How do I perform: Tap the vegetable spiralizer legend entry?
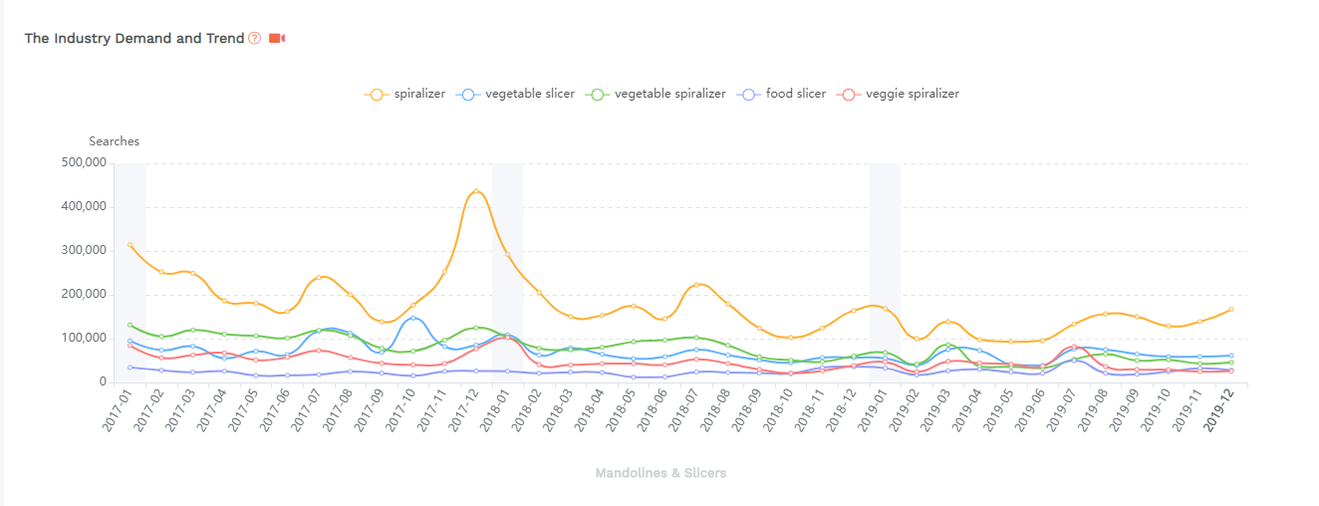(658, 94)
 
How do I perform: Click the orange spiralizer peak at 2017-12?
(476, 191)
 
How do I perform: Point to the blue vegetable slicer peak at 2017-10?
(413, 318)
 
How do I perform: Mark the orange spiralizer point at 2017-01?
(130, 245)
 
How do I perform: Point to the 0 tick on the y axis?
(102, 382)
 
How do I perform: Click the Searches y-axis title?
(114, 141)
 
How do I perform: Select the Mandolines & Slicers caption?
(660, 473)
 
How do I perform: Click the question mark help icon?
(255, 38)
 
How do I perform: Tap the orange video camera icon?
(277, 38)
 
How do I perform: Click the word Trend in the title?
(225, 38)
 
